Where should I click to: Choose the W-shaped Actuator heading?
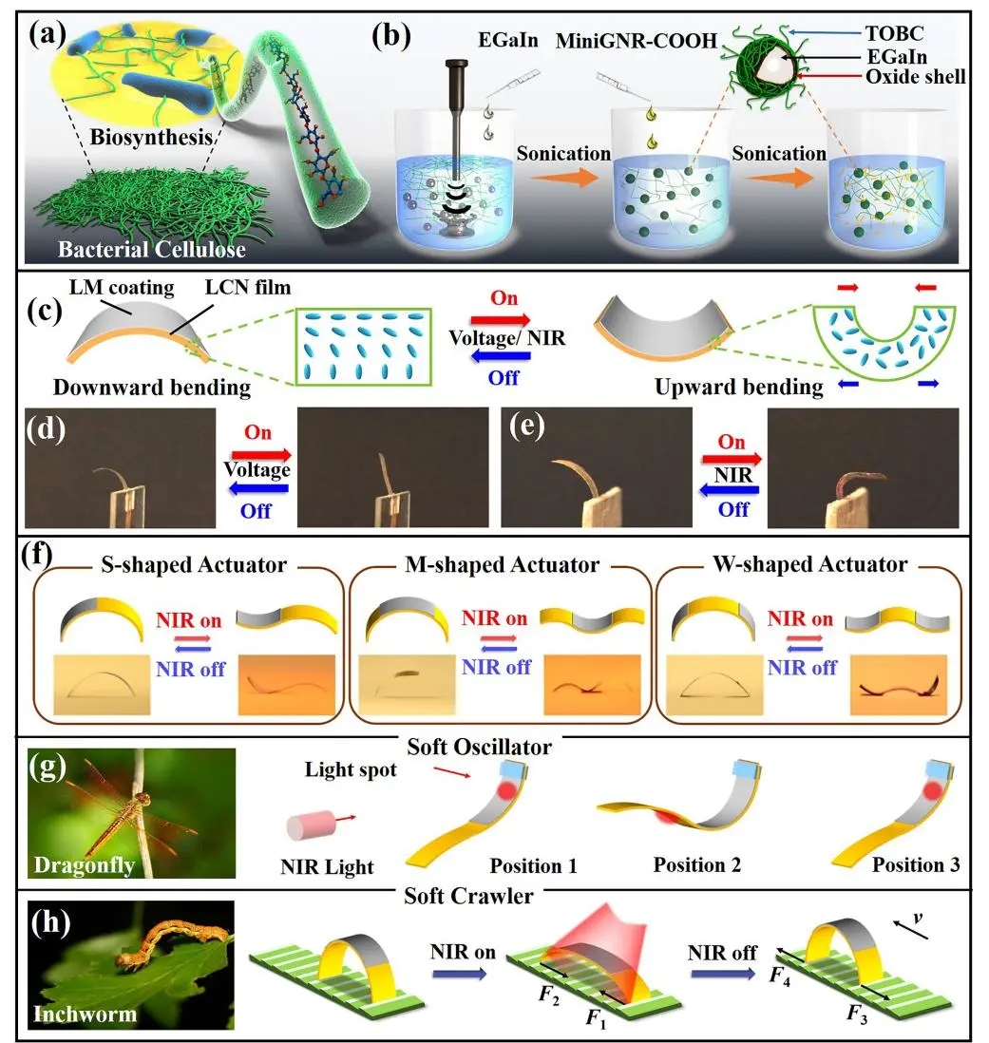pos(809,564)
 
